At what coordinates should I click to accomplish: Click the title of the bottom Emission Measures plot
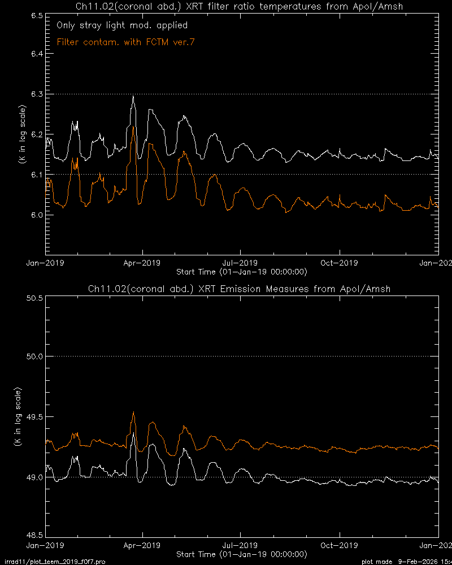(240, 289)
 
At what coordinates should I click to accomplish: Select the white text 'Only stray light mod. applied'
(122, 25)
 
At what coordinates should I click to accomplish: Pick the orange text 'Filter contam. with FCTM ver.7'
(129, 42)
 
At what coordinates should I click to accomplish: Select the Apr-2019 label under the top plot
(142, 263)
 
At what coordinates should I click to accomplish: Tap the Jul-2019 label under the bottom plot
(240, 545)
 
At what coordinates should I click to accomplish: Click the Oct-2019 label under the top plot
(337, 263)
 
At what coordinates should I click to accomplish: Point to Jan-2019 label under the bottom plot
(46, 545)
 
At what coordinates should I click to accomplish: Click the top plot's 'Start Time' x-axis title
(242, 272)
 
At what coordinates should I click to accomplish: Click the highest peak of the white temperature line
(133, 97)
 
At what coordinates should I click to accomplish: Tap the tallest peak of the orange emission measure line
(133, 412)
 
